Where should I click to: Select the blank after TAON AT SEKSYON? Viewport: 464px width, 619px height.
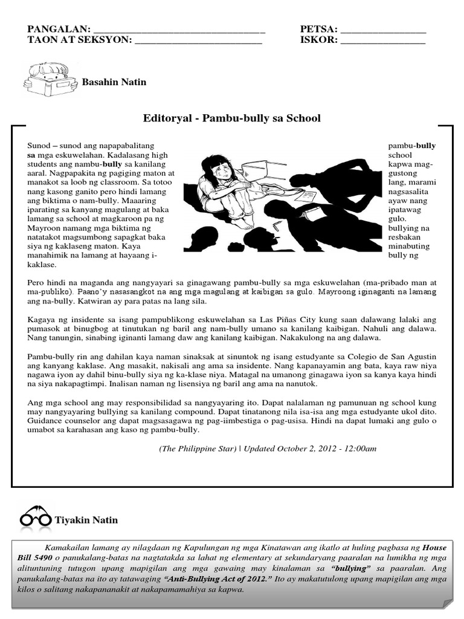[x=199, y=42]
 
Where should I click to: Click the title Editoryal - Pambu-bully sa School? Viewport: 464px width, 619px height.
[x=232, y=118]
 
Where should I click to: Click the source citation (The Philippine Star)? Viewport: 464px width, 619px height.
[x=198, y=449]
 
